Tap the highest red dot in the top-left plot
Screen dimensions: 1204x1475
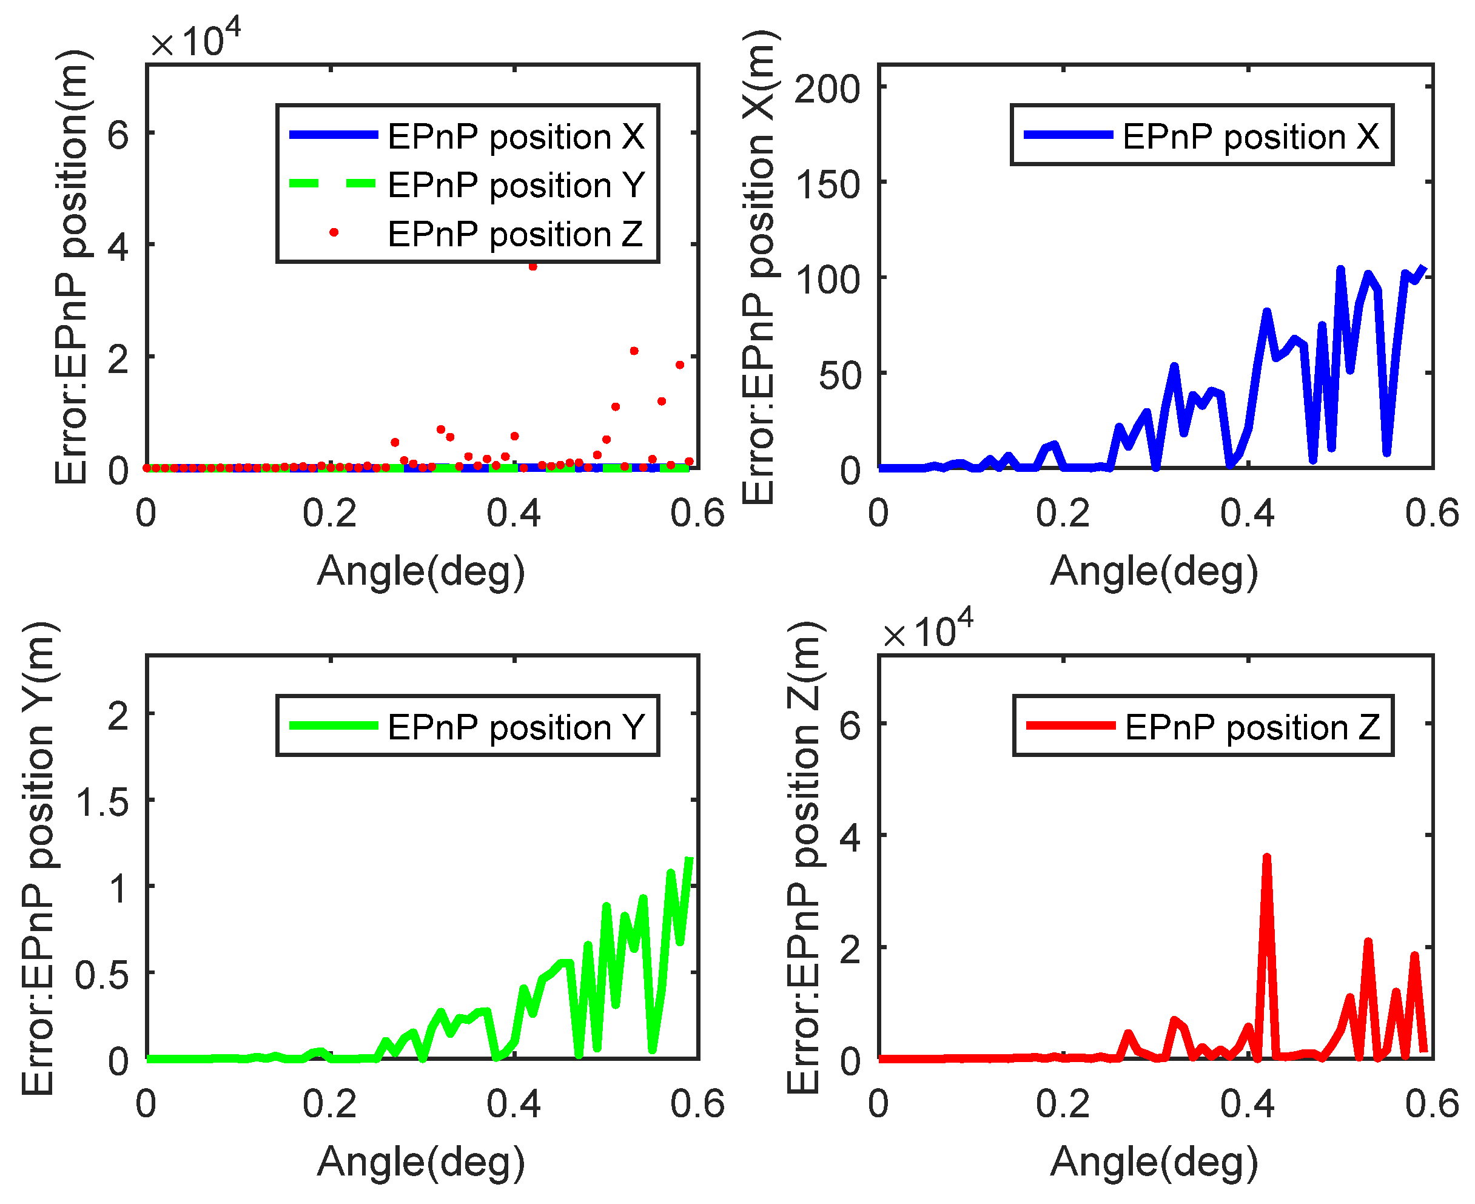[533, 266]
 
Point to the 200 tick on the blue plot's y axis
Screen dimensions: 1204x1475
[827, 89]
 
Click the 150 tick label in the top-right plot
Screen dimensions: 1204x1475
[827, 184]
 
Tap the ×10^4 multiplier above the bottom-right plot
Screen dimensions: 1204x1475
[928, 630]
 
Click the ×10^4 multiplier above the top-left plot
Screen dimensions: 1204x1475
[195, 40]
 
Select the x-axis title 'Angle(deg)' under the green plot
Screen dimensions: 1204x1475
[421, 1161]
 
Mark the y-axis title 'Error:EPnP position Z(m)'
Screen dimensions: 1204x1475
[804, 857]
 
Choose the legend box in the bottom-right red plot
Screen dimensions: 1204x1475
[1203, 726]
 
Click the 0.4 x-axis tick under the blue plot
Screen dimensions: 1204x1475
[1247, 514]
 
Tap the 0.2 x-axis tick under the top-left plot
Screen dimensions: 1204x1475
[329, 514]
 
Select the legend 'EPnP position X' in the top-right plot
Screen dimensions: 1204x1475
[1202, 136]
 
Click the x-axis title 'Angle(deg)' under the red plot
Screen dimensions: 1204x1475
[1154, 1161]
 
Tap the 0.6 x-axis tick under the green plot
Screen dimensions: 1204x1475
[697, 1104]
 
